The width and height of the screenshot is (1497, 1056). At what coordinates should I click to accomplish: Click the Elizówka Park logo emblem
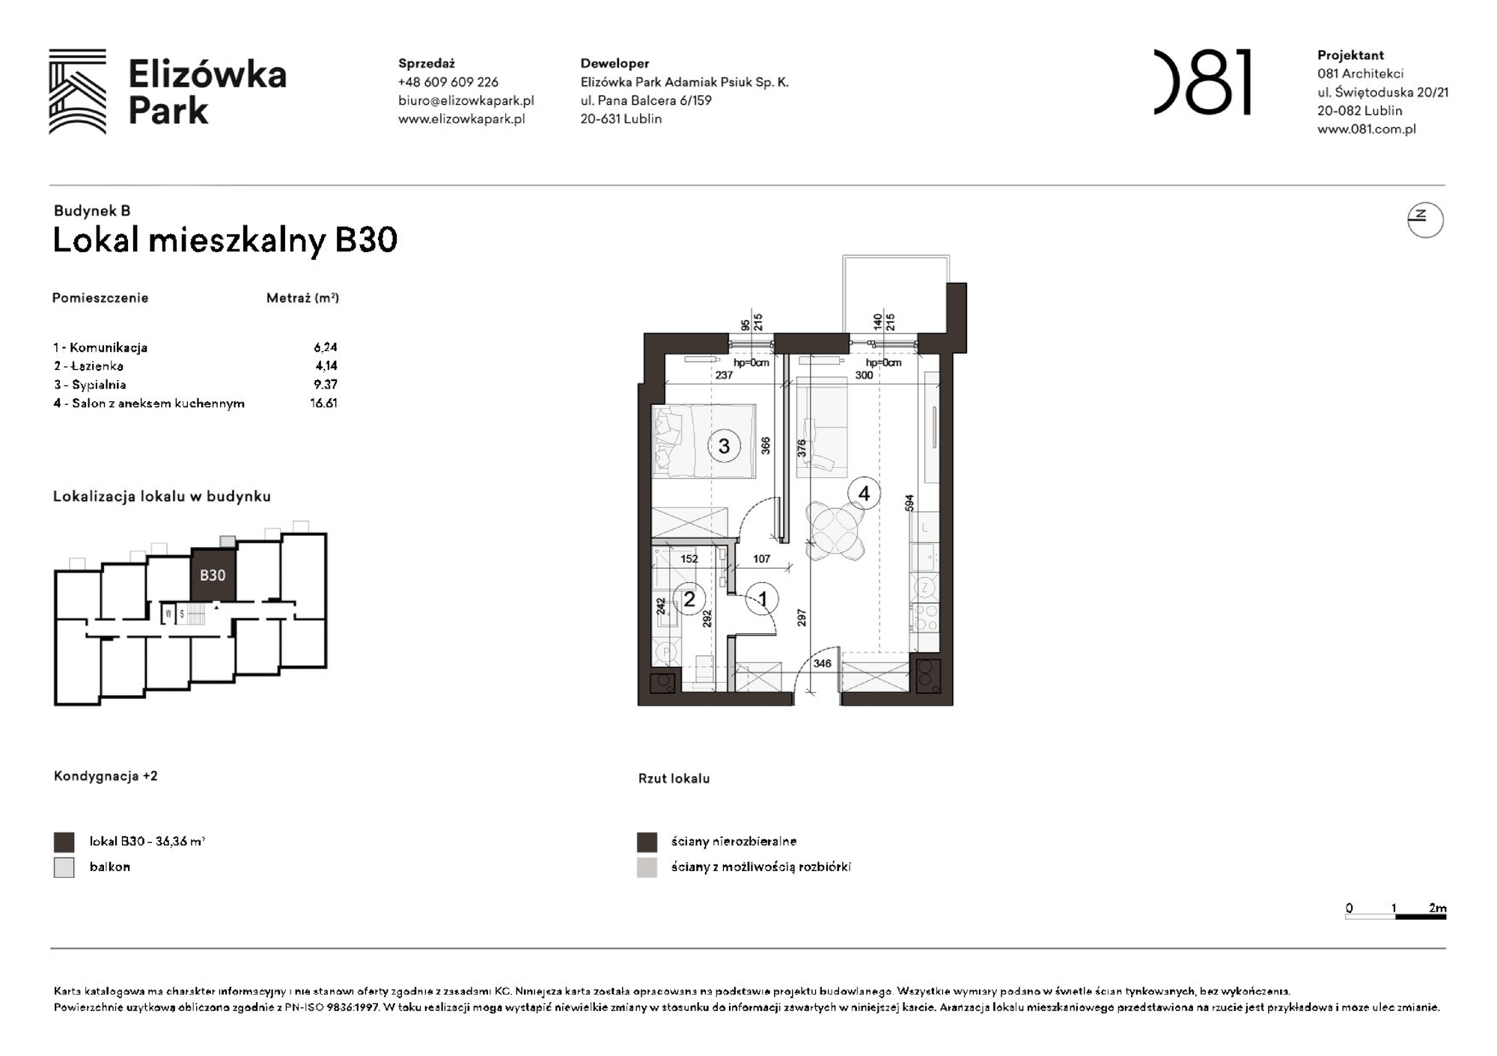[x=78, y=91]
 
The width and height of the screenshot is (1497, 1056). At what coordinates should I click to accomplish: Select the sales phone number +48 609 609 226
[x=448, y=82]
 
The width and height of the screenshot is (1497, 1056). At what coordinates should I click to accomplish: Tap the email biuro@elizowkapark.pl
[x=466, y=100]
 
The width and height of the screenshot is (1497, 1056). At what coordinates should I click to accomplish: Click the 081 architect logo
[x=1202, y=82]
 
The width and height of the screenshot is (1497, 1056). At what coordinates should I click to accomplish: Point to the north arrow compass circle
[x=1424, y=220]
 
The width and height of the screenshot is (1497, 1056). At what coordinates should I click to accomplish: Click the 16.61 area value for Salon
[x=323, y=403]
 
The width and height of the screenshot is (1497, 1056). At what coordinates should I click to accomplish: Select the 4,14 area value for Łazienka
[x=326, y=366]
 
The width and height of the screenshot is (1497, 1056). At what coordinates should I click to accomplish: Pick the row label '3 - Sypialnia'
[x=90, y=385]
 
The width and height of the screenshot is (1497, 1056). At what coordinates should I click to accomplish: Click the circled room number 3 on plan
[x=724, y=447]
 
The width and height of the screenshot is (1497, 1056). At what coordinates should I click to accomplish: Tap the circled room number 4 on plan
[x=864, y=494]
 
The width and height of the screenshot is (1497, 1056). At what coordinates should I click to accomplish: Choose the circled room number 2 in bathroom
[x=689, y=599]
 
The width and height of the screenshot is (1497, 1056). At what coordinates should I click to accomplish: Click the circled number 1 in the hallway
[x=762, y=599]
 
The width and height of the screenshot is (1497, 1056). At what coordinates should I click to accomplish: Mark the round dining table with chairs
[x=835, y=531]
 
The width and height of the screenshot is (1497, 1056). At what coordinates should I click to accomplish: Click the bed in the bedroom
[x=703, y=441]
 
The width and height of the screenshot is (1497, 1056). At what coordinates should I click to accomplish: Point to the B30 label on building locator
[x=213, y=575]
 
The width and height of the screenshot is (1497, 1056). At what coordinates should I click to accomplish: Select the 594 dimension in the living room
[x=909, y=503]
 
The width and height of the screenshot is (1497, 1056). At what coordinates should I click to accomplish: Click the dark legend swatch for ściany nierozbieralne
[x=647, y=842]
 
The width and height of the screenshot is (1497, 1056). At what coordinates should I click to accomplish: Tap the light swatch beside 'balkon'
[x=64, y=867]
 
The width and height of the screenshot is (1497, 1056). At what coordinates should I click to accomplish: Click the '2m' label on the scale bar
[x=1436, y=908]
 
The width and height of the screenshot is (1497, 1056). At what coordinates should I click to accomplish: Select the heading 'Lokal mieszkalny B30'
[x=225, y=240]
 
